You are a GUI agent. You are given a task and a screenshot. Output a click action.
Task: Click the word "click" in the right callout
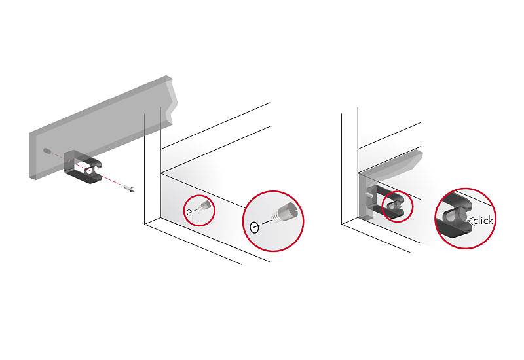[483, 221]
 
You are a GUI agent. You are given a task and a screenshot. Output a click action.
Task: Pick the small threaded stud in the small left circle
[204, 207]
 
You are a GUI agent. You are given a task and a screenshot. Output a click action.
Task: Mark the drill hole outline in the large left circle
[254, 228]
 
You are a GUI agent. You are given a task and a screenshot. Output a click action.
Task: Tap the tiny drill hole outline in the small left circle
[189, 212]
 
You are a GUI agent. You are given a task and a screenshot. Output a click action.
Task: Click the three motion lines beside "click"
[468, 220]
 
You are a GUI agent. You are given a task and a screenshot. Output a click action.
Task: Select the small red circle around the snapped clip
[397, 206]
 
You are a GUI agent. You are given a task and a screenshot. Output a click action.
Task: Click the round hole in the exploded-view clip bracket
[88, 171]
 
